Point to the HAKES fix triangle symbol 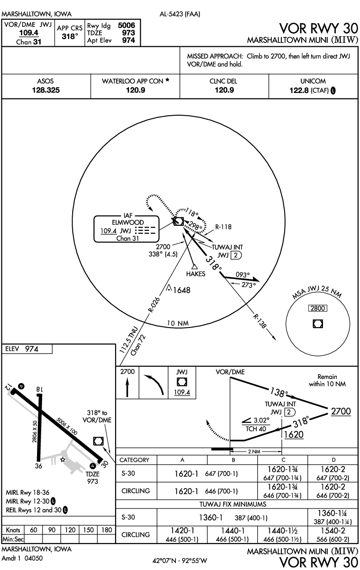[195, 266]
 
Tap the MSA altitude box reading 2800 [317, 308]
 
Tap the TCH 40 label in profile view [254, 428]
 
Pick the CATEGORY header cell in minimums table [135, 460]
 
